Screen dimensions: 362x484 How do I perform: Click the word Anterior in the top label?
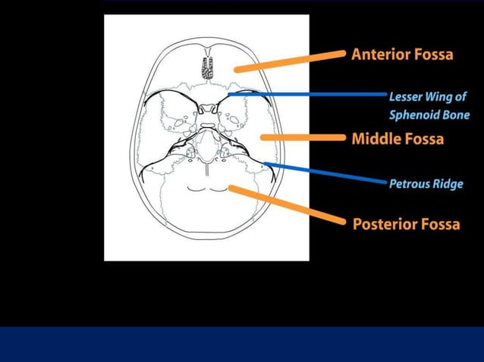click(381, 55)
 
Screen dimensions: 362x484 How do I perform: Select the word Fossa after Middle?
click(423, 139)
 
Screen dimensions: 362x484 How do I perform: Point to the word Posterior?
click(384, 224)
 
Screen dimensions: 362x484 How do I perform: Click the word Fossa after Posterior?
click(439, 224)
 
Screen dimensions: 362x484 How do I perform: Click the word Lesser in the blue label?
click(407, 97)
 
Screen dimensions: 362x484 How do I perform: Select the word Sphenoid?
click(416, 115)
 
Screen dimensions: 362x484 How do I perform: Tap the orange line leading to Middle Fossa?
click(304, 138)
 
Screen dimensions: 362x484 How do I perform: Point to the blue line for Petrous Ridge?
click(326, 173)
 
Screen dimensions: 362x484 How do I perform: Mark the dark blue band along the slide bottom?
click(242, 344)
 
